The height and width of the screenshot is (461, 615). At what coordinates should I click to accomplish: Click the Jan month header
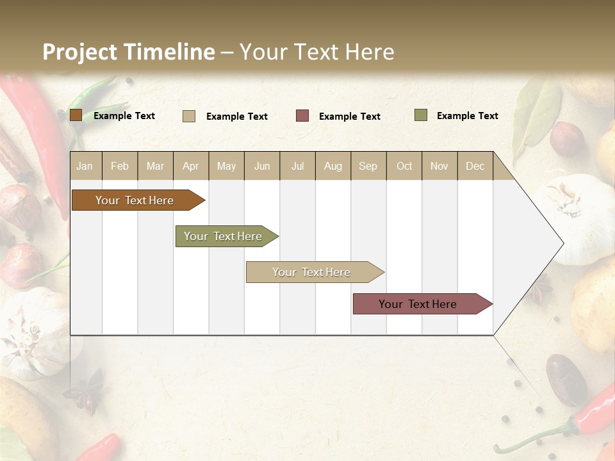coord(85,166)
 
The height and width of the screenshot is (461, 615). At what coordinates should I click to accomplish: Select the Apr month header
coord(190,166)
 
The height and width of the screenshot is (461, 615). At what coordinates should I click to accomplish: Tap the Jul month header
coord(297,166)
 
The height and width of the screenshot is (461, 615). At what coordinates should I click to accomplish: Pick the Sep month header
coord(368,166)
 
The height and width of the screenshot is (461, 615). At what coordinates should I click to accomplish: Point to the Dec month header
coord(475,166)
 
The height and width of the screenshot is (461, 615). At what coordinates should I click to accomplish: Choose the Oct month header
coord(404,166)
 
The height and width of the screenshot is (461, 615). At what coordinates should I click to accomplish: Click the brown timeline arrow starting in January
coord(135,200)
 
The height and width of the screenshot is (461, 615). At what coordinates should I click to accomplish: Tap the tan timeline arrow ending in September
coord(312,272)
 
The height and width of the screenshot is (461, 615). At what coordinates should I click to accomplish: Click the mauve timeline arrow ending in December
coord(418,304)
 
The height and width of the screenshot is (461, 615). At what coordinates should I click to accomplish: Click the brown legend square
coord(76,115)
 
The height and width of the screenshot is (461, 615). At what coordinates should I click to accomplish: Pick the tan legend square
coord(189,116)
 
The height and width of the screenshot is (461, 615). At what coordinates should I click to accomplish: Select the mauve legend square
coord(302,116)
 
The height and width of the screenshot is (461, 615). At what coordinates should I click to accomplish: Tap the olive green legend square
coord(420,115)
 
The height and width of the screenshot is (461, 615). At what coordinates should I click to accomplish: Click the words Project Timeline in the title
coord(128,52)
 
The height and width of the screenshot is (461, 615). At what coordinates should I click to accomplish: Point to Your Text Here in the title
coord(316,52)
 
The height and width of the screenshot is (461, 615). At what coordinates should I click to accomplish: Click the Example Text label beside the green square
coord(467,116)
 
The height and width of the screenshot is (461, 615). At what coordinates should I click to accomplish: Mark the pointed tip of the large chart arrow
coord(562,243)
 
